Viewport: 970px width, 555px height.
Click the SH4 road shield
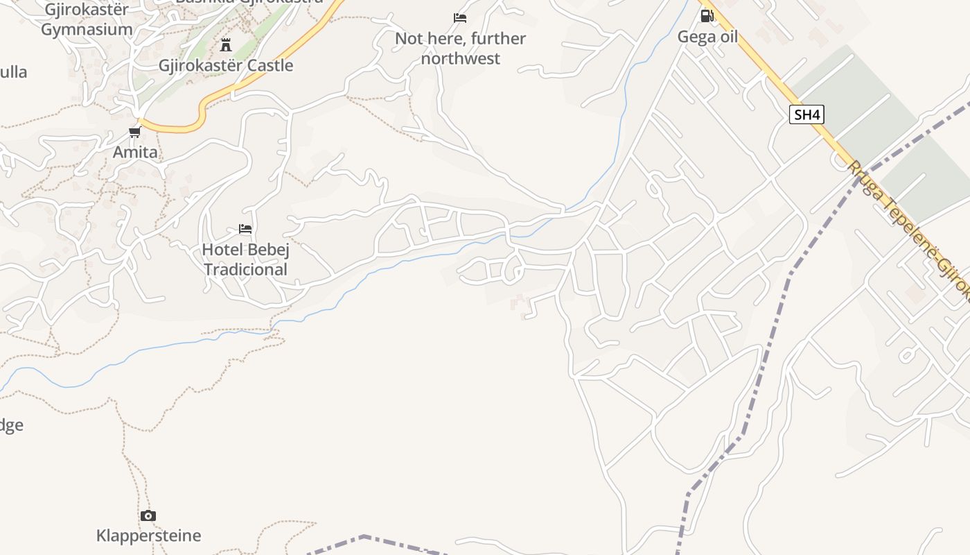pos(807,114)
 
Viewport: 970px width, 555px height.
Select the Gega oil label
pos(707,37)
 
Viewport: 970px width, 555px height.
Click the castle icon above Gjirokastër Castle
pos(225,46)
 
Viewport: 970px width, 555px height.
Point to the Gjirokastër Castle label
pos(226,66)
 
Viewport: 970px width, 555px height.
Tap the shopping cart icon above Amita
pos(134,132)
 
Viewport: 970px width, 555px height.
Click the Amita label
pos(135,152)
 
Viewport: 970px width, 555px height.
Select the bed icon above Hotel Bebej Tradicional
pos(245,228)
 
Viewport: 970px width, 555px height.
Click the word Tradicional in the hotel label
pos(245,269)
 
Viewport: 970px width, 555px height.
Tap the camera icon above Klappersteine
pos(148,515)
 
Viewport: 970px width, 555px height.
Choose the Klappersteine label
pos(148,536)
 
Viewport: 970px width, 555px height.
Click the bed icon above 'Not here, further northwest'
pos(460,18)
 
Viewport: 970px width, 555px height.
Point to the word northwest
pos(460,58)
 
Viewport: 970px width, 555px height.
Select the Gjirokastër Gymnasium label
pos(87,19)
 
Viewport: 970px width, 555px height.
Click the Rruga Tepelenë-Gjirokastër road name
pos(908,229)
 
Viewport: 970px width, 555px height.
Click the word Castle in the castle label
pos(269,66)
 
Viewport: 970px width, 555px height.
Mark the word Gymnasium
pos(87,30)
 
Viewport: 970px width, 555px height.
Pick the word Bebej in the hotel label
pos(267,249)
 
